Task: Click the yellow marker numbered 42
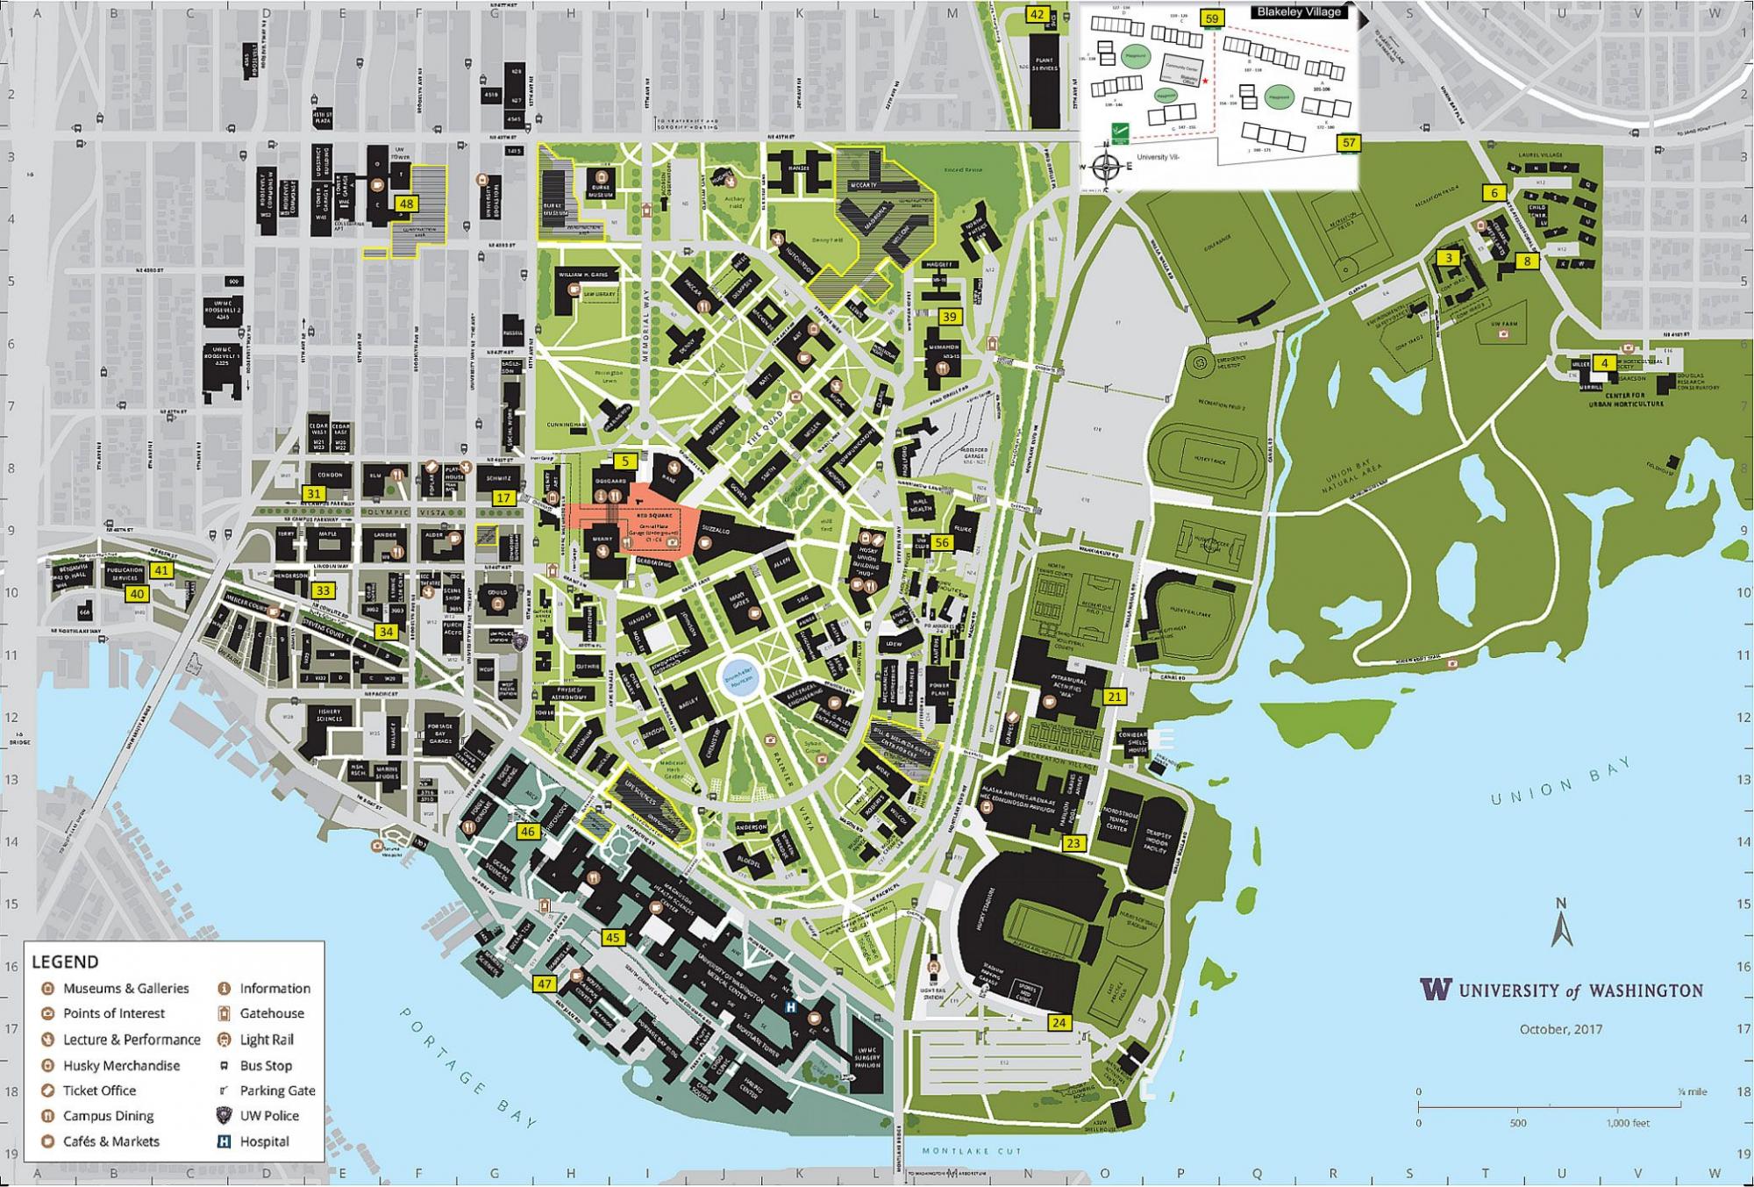click(1037, 14)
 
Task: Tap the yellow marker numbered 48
click(405, 204)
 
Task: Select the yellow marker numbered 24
click(1059, 1023)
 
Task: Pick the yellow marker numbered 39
click(950, 317)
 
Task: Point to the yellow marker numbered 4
click(1604, 362)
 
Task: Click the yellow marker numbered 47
click(545, 983)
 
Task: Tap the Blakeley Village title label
click(1298, 12)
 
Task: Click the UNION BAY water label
click(1562, 781)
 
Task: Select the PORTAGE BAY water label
click(469, 1067)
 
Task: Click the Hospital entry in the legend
click(263, 1141)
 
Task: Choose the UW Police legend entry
click(268, 1116)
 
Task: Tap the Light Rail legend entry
click(267, 1040)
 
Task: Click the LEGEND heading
click(65, 962)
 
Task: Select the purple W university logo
click(1436, 989)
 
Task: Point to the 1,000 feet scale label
click(1628, 1123)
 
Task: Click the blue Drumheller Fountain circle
click(738, 678)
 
